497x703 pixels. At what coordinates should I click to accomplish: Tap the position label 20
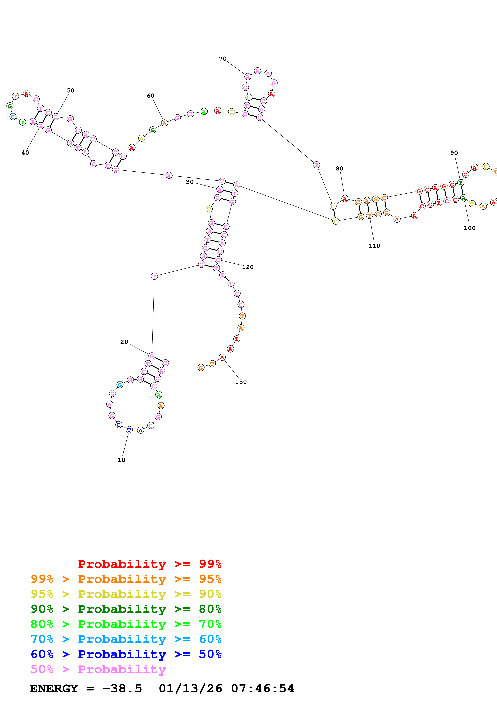(124, 342)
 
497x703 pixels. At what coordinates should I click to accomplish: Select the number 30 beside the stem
(190, 182)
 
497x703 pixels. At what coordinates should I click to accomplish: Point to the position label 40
(25, 153)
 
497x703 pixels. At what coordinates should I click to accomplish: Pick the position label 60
(150, 96)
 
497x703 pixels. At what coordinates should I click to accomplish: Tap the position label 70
(223, 59)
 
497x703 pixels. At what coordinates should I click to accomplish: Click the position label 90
(454, 153)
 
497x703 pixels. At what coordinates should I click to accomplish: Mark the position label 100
(470, 228)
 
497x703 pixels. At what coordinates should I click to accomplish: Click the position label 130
(241, 382)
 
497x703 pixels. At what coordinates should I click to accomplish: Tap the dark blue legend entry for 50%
(126, 654)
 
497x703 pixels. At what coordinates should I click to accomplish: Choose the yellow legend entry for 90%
(126, 594)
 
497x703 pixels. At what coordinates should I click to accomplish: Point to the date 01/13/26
(190, 688)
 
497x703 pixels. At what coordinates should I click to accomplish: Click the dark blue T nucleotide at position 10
(129, 430)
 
